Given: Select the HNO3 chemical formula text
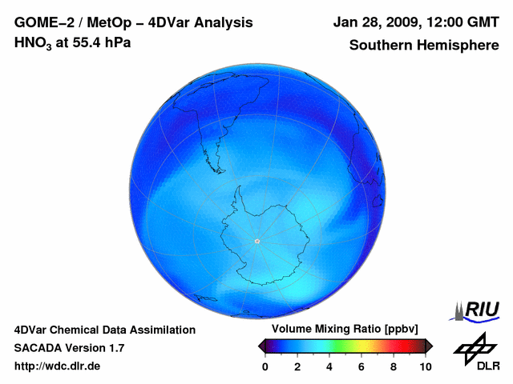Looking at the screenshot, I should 32,42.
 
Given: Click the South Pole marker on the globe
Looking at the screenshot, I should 256,241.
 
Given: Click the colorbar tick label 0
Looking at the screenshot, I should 265,366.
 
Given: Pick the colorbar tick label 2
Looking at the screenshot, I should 297,366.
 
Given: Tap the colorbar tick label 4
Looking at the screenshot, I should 329,366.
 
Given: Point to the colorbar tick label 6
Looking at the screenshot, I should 362,366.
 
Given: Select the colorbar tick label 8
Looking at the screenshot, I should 394,366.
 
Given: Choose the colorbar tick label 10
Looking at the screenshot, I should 425,366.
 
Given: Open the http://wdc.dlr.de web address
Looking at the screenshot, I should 58,366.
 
